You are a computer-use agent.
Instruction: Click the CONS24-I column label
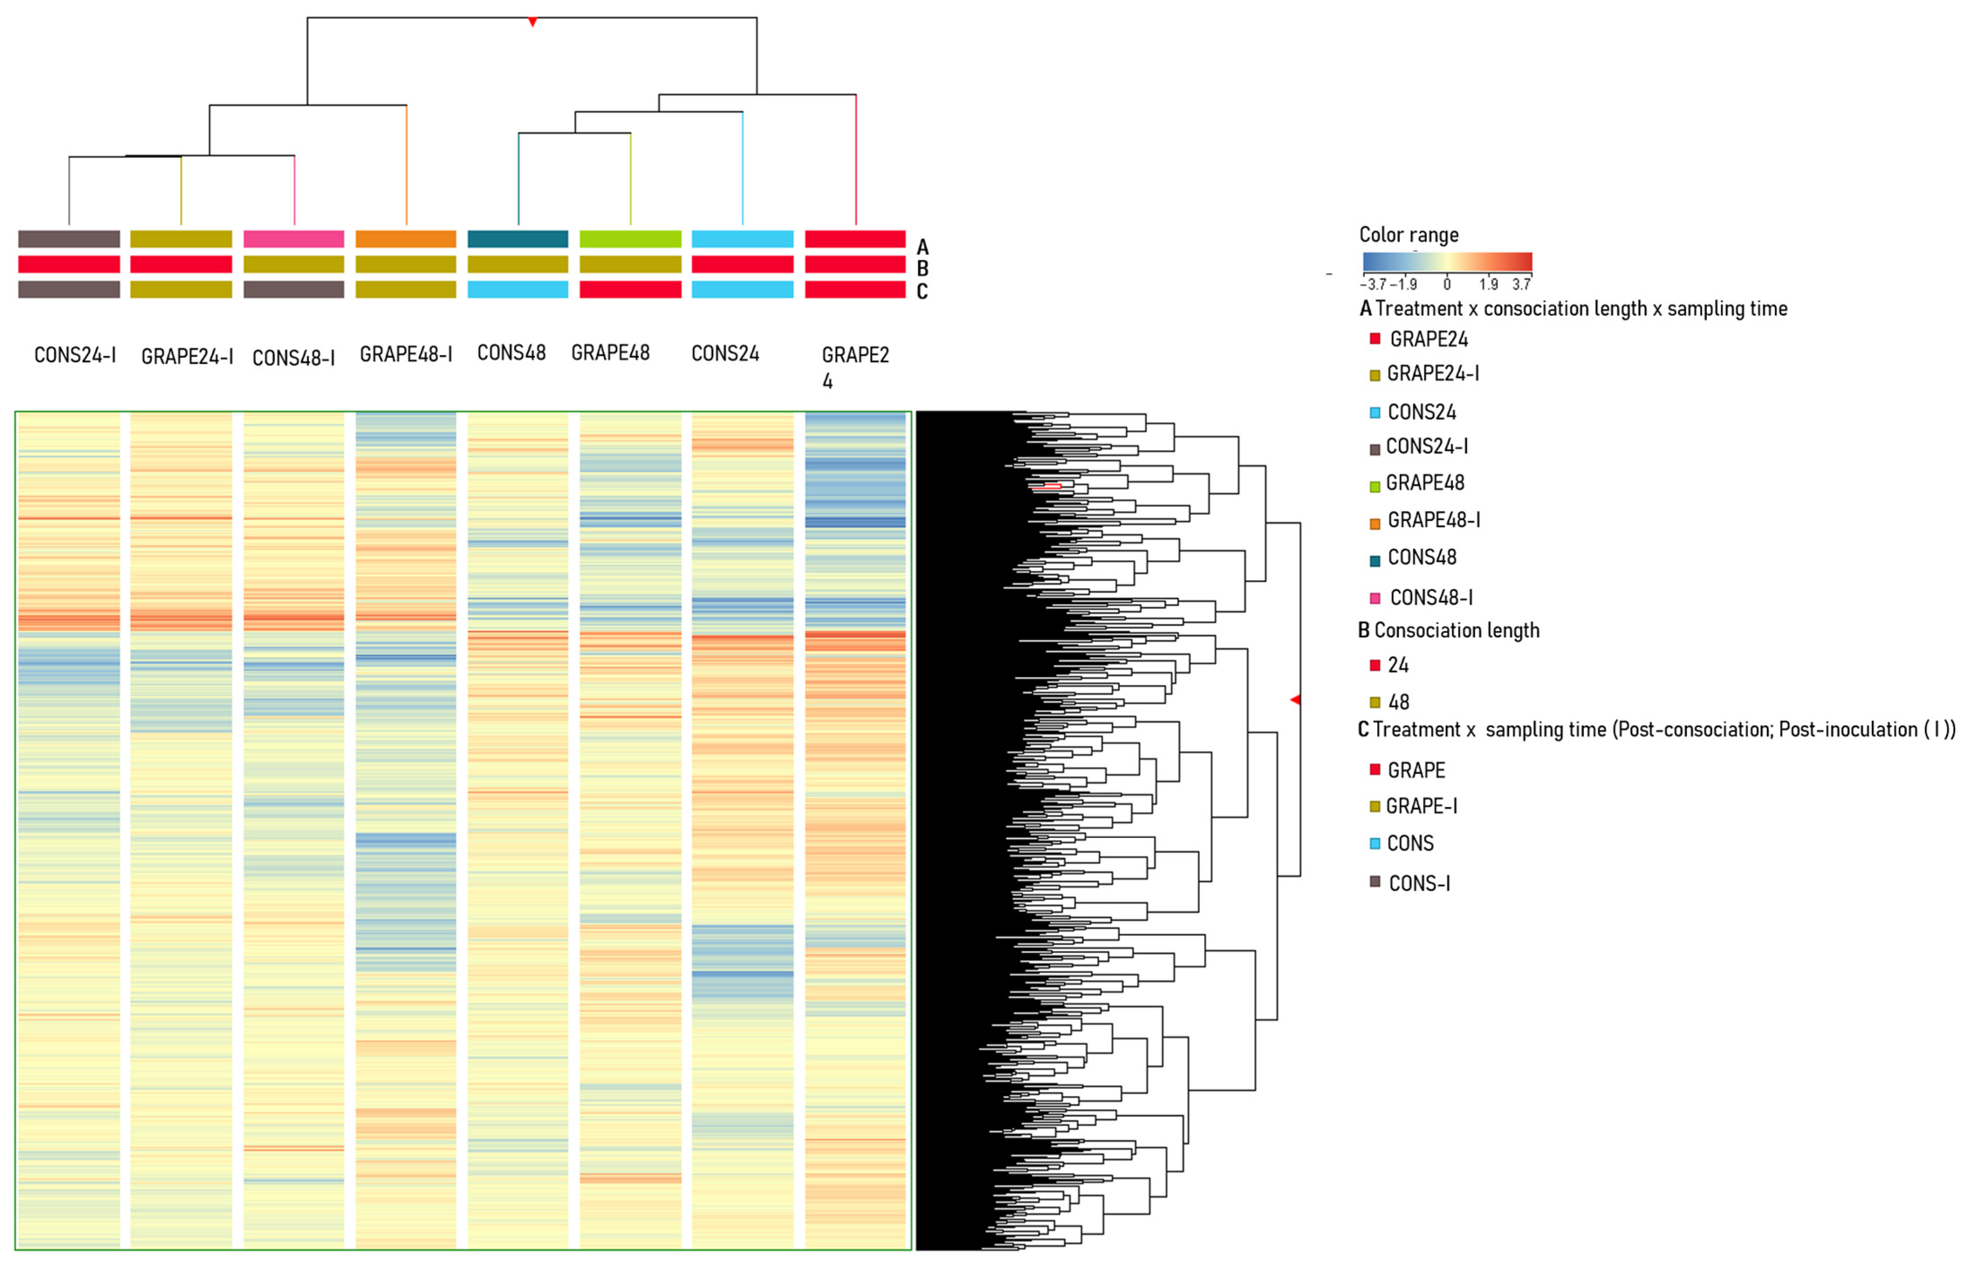[75, 355]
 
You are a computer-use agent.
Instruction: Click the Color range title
[1408, 235]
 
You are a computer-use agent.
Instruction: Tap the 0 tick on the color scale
[1447, 284]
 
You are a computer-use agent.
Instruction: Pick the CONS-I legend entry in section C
[1418, 883]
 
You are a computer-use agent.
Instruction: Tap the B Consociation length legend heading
[1448, 630]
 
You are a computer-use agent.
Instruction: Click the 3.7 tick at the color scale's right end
[1521, 284]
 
